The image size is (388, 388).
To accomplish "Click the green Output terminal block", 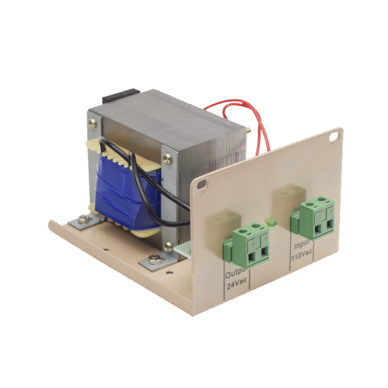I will click(x=248, y=244).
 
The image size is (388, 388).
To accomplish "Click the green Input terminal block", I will click(x=317, y=218).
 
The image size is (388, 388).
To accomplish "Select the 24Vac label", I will click(x=237, y=285).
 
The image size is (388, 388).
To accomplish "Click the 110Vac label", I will click(x=303, y=256).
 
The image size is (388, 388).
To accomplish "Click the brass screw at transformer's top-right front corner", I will click(x=168, y=158).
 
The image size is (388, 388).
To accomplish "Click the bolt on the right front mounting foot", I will click(x=154, y=260).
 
